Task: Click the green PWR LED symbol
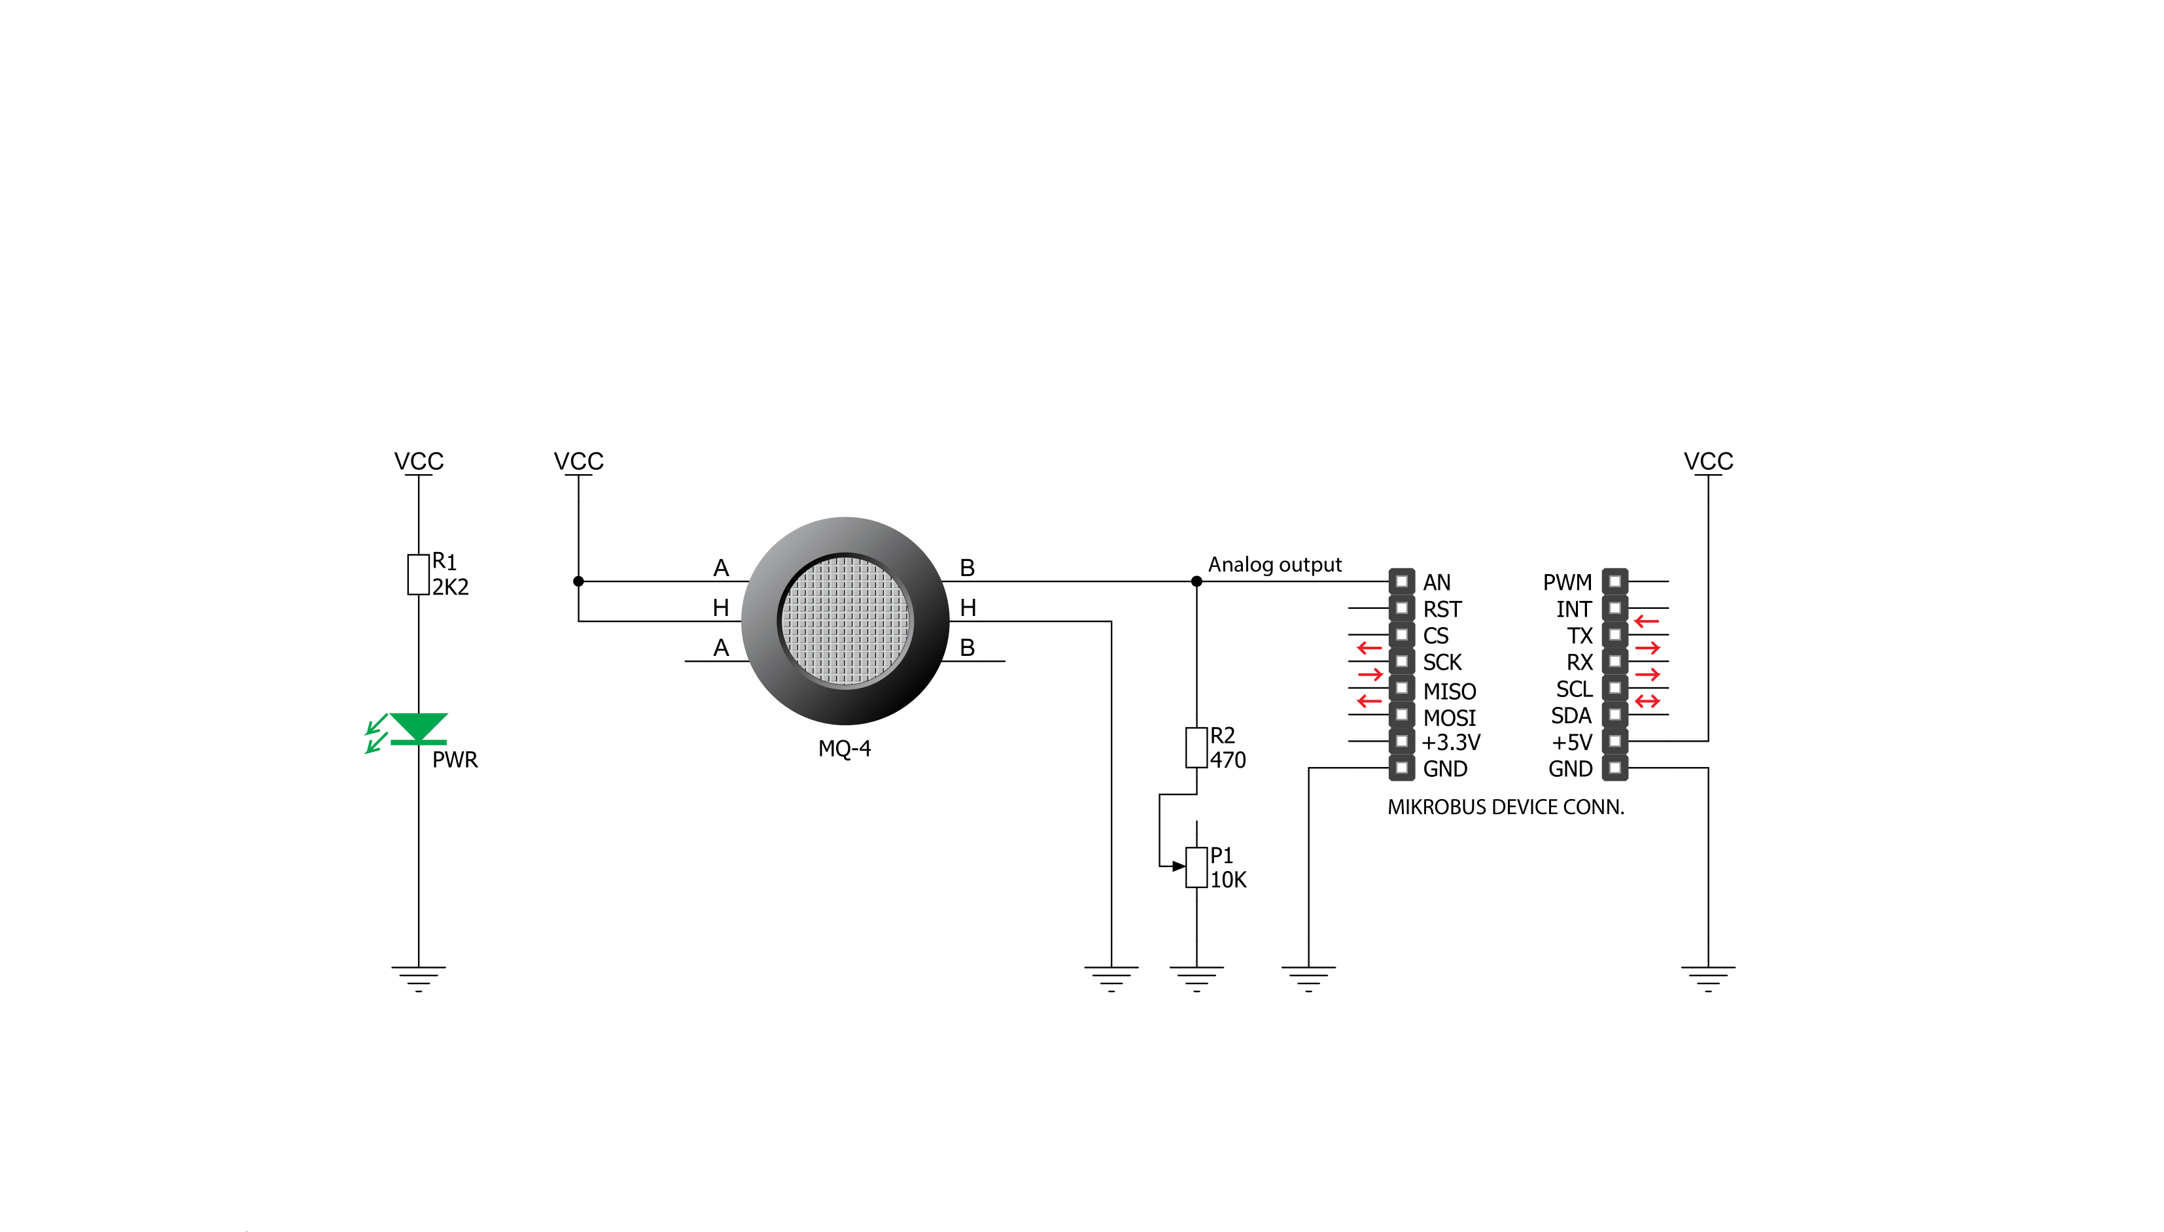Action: point(418,728)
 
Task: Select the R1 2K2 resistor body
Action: point(418,575)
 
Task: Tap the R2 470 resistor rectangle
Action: point(1196,747)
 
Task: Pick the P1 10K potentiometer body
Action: point(1196,867)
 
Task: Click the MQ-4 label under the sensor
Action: point(844,749)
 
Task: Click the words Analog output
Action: point(1274,564)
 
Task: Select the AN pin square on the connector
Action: point(1401,581)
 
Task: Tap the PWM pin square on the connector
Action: point(1614,581)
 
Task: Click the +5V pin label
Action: point(1571,742)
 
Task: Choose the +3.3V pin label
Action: point(1450,742)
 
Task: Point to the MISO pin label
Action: point(1449,691)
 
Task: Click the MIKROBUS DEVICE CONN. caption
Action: point(1505,807)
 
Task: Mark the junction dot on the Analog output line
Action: point(1196,581)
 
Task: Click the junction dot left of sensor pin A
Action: point(578,581)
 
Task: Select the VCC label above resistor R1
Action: point(418,461)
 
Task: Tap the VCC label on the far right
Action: point(1708,461)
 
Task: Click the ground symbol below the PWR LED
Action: point(418,978)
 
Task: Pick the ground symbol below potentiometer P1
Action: point(1196,978)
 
